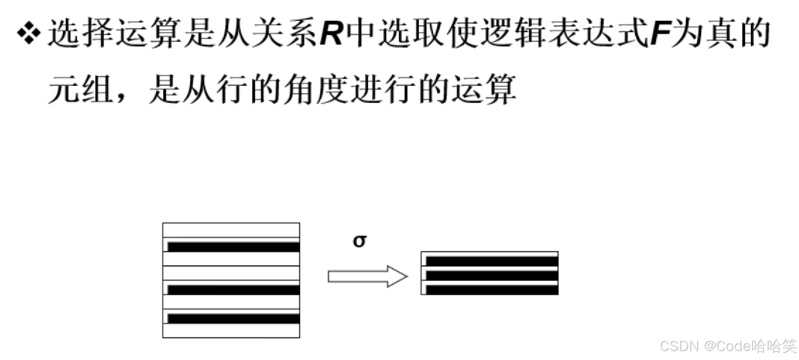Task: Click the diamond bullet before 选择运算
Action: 29,33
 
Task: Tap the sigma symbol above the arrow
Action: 359,241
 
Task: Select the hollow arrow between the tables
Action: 367,276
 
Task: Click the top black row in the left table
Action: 233,247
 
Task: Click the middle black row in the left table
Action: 233,289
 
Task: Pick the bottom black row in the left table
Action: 233,319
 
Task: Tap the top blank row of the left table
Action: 231,230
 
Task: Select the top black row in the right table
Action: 492,261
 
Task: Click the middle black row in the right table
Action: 492,275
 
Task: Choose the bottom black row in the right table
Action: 492,289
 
